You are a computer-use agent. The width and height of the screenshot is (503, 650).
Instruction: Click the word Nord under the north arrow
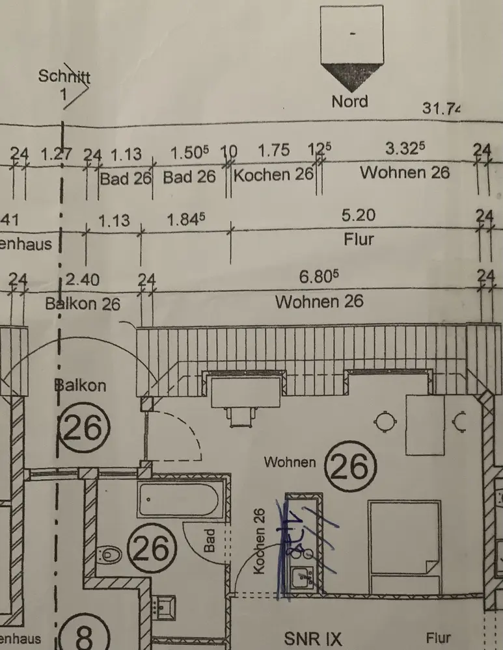coord(349,101)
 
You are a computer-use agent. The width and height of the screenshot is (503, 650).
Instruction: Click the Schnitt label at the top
coord(64,76)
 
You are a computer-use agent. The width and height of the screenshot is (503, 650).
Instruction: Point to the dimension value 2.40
coord(83,280)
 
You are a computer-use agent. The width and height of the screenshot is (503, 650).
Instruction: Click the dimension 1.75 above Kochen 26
coord(273,150)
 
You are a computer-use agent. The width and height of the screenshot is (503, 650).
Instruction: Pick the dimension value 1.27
coord(55,154)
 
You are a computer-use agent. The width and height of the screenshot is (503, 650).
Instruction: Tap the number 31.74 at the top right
coord(441,108)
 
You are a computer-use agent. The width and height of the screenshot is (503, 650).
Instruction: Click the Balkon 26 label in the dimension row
coord(83,303)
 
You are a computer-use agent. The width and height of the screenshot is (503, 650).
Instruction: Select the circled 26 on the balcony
coord(85,428)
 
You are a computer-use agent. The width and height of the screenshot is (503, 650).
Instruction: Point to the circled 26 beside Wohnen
coord(350,465)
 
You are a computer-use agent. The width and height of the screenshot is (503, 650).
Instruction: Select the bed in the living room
coord(403,546)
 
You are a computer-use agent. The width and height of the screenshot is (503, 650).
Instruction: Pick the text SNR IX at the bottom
coord(313,638)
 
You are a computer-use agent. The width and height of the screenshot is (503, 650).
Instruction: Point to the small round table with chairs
coord(385,422)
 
